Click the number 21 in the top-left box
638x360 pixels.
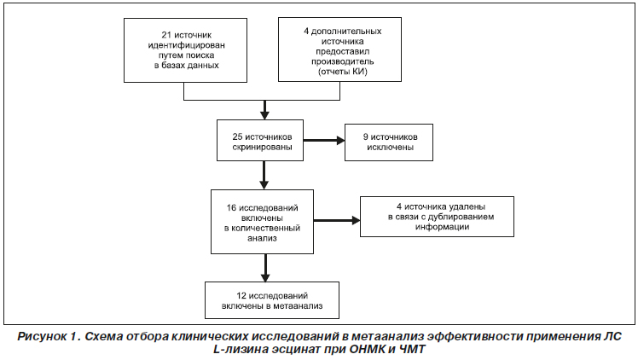pos(167,35)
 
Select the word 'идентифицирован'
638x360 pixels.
pos(186,45)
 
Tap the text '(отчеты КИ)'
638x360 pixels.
pos(343,72)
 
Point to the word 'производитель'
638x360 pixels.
pos(343,61)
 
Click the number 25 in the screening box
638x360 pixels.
pos(237,136)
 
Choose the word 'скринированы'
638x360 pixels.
pos(263,148)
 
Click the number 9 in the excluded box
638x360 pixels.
pos(365,137)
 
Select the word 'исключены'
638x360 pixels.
pos(390,148)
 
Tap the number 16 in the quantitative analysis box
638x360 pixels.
pos(231,208)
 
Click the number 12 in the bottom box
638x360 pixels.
pos(241,296)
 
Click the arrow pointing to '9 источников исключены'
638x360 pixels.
pos(324,141)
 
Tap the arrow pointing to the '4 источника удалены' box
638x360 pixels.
pos(337,220)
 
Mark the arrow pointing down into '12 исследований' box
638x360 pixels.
pos(265,268)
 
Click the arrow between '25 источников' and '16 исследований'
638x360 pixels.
pos(264,176)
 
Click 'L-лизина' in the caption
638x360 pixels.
pos(241,350)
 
